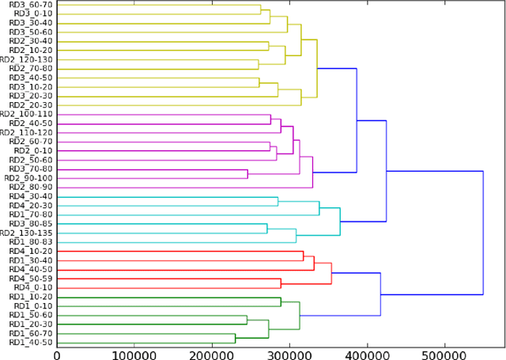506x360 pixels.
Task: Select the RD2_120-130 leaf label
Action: tap(27, 59)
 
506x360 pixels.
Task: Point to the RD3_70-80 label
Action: tap(30, 169)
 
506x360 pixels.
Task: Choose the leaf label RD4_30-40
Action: tap(30, 196)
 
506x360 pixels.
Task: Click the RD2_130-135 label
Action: tap(27, 233)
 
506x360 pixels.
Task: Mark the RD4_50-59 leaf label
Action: tap(30, 279)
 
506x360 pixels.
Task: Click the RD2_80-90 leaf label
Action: tap(30, 187)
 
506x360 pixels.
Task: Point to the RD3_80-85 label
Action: tap(30, 224)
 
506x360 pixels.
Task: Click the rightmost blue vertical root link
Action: tap(483, 233)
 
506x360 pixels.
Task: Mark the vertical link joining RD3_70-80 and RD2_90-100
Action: tap(247, 174)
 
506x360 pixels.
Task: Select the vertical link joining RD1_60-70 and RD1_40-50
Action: tap(236, 338)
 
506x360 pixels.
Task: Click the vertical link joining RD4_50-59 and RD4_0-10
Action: tap(281, 283)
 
